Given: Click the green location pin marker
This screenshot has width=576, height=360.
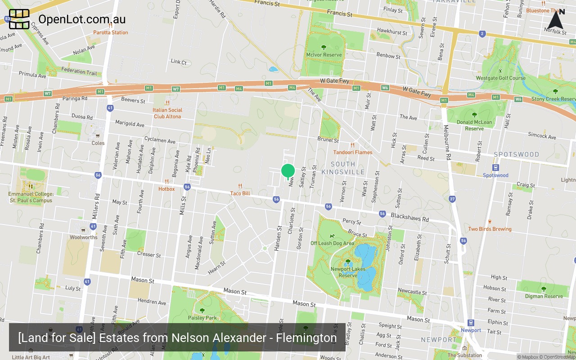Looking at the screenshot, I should [x=288, y=171].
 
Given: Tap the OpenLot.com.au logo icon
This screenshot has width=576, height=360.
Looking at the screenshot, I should [x=19, y=19].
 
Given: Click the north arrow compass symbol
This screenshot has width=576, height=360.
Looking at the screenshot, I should [x=556, y=20].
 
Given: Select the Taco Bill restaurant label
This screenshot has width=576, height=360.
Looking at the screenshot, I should [x=240, y=193].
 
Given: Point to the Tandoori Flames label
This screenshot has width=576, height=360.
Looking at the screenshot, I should [x=353, y=152].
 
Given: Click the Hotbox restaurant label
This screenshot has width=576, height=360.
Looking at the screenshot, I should [x=166, y=189].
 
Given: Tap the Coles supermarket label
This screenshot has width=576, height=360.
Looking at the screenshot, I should [x=98, y=143].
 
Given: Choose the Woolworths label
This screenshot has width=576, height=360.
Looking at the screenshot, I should [x=83, y=237].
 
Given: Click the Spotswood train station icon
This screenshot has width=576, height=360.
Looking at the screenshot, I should [x=495, y=168].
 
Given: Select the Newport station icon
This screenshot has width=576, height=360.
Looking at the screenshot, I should [x=471, y=323].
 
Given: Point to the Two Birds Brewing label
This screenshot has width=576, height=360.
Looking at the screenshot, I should [x=490, y=229].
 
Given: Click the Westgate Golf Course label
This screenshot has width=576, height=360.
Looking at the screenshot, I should [x=501, y=78].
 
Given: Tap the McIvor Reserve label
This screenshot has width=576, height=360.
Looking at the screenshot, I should [x=324, y=55].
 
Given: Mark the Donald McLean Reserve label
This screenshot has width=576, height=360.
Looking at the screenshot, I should [x=474, y=125].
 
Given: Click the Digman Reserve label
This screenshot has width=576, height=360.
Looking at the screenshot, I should [x=544, y=296].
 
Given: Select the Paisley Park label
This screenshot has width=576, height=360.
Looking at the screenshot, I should [x=202, y=318].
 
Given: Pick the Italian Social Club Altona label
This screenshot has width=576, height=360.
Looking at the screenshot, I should [x=167, y=113].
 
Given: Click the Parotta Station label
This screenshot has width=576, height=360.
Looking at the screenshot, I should [x=110, y=32].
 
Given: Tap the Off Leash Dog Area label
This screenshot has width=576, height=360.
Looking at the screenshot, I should [x=332, y=243].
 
